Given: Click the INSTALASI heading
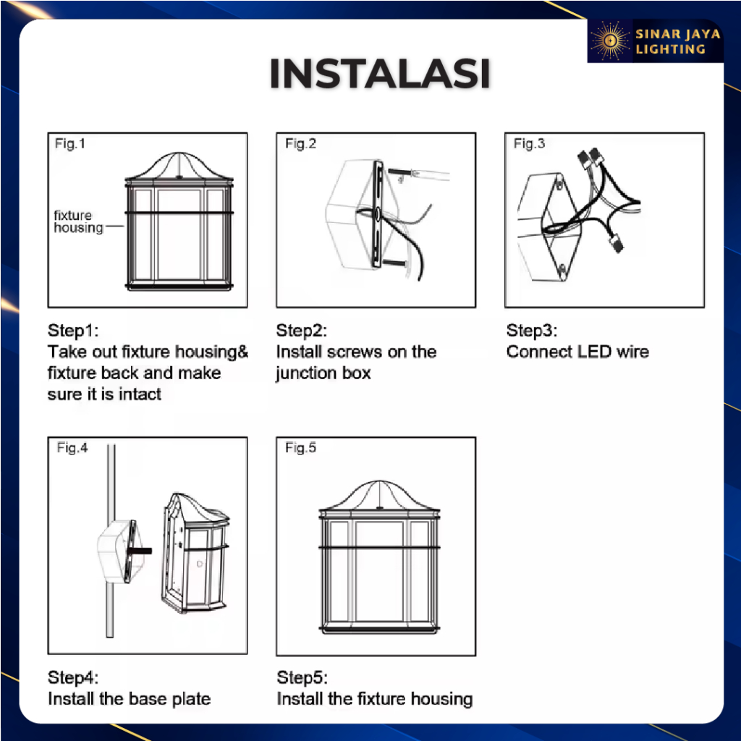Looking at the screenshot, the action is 379,73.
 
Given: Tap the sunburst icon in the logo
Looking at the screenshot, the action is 609,41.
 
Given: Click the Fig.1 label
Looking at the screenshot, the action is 70,143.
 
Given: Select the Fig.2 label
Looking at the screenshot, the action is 300,143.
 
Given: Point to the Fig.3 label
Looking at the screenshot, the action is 529,143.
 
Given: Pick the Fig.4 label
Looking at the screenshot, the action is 72,447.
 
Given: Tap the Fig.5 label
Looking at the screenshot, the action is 300,447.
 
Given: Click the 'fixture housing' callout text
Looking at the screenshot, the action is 78,221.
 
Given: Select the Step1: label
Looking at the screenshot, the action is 73,330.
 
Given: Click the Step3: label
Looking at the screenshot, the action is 532,330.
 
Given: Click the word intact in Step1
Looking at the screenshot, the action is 140,394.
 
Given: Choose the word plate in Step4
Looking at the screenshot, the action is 191,699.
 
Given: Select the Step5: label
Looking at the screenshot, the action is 302,677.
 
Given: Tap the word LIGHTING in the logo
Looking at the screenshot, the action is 670,49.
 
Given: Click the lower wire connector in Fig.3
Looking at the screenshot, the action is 617,243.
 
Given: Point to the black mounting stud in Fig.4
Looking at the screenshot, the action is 140,551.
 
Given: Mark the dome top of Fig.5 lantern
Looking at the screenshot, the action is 379,494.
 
